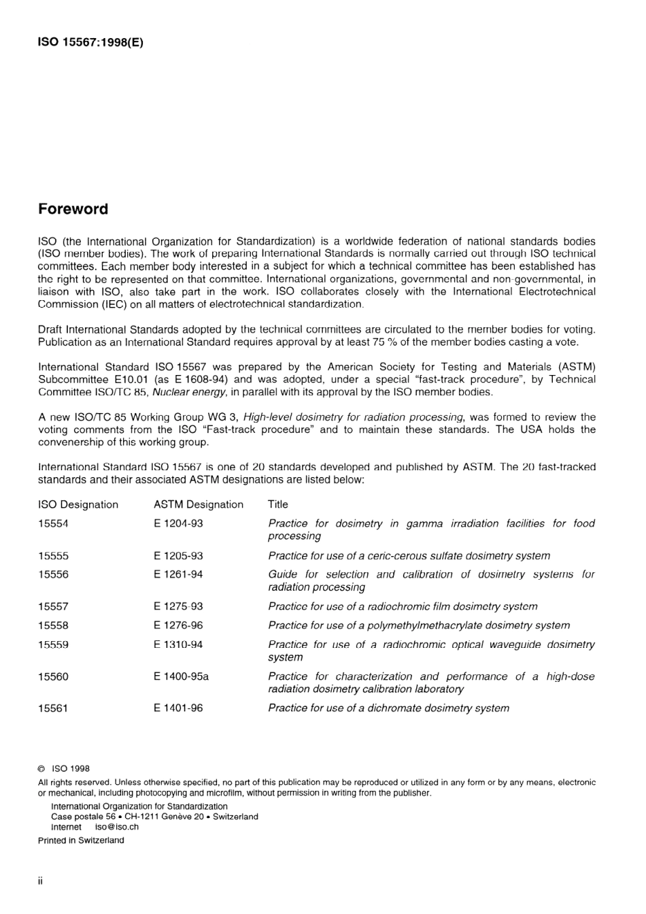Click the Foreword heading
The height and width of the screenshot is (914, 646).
click(73, 209)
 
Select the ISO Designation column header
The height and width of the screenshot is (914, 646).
click(78, 504)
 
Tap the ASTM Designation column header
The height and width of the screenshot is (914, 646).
click(198, 504)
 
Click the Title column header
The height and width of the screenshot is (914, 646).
click(277, 504)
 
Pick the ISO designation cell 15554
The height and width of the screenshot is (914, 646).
click(53, 523)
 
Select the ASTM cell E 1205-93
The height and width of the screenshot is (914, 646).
click(178, 555)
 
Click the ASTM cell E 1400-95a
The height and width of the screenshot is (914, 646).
click(181, 676)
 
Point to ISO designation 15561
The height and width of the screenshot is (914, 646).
click(53, 708)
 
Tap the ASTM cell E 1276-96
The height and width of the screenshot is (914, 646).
click(178, 625)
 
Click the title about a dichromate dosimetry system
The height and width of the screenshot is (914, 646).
click(388, 708)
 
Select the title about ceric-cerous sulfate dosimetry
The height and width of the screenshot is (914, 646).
click(409, 555)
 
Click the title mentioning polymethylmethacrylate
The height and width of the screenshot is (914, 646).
click(419, 625)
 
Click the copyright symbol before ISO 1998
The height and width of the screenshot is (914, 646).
click(41, 768)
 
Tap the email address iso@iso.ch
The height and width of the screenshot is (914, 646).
click(117, 827)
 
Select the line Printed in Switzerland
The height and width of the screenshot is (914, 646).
click(81, 840)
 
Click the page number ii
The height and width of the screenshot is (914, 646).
click(41, 881)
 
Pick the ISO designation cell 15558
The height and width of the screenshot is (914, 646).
click(53, 625)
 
